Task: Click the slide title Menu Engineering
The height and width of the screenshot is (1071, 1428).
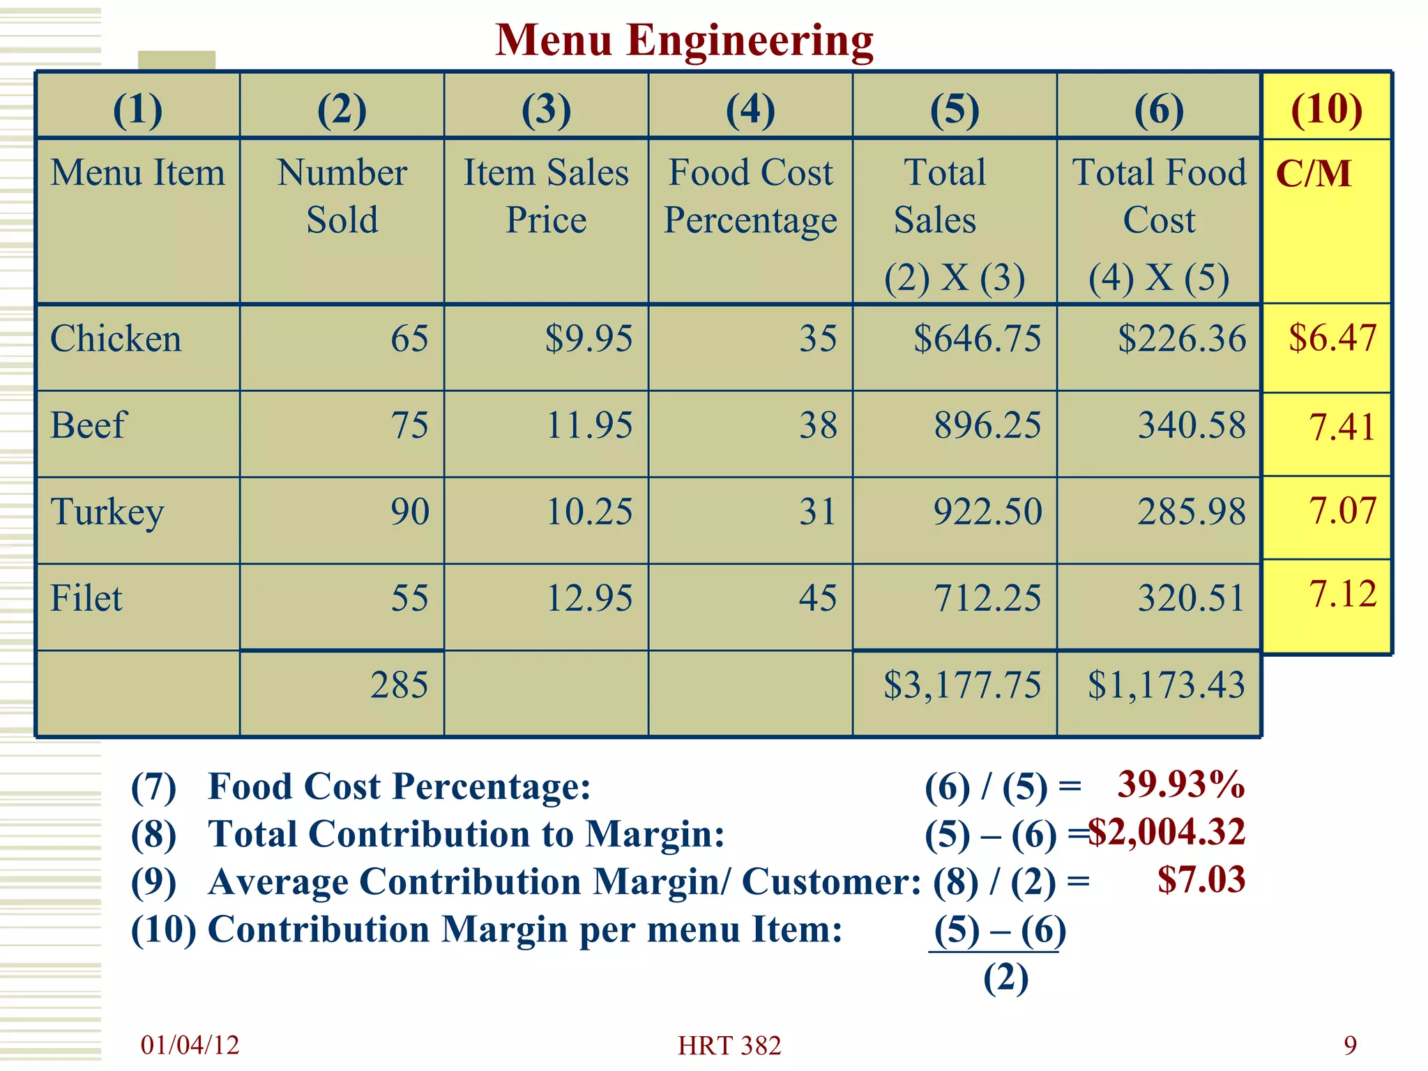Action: tap(683, 40)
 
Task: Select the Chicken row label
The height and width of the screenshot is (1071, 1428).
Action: tap(116, 340)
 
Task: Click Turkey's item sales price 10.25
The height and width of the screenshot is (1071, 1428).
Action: tap(589, 512)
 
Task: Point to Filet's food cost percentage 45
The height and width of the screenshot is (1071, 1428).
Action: tap(817, 598)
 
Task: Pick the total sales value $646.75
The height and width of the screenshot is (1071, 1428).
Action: tap(977, 340)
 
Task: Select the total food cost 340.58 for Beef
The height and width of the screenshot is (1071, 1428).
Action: tap(1192, 425)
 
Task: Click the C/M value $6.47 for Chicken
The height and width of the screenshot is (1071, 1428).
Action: tap(1332, 338)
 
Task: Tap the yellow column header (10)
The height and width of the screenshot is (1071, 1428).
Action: tap(1326, 109)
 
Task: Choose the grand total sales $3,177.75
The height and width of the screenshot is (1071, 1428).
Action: tap(962, 685)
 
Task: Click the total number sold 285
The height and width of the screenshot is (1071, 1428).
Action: tap(399, 685)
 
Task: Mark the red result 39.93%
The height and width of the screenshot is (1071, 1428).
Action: tap(1180, 784)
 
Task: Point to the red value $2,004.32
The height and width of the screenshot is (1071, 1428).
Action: tap(1167, 832)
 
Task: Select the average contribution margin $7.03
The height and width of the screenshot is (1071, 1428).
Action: tap(1201, 879)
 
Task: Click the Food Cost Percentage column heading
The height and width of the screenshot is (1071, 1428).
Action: tap(750, 197)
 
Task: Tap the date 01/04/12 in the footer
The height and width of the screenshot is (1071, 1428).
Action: tap(190, 1045)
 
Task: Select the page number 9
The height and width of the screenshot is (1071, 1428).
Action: tap(1350, 1045)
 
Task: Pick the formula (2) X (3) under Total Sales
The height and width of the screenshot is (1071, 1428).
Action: tap(955, 278)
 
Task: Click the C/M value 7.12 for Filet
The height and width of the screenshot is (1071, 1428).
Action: tap(1342, 595)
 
